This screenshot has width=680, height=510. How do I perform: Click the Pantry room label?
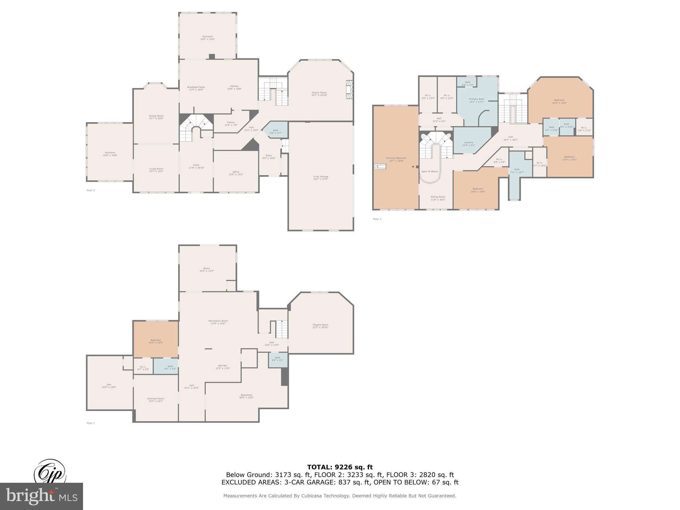click(x=231, y=124)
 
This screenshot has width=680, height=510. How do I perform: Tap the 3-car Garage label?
click(x=320, y=178)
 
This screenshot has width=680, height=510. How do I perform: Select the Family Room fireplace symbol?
click(x=349, y=89)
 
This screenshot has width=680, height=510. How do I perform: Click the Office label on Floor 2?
click(x=236, y=173)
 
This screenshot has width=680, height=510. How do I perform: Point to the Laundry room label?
click(x=468, y=143)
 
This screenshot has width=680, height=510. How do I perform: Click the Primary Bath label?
click(x=476, y=100)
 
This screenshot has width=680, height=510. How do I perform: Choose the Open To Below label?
click(x=430, y=171)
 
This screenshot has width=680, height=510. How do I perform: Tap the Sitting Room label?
click(x=438, y=198)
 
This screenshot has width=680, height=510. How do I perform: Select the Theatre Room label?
click(x=320, y=326)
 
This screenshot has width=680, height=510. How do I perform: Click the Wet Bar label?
click(x=222, y=367)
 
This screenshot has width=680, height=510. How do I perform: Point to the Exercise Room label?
click(x=156, y=399)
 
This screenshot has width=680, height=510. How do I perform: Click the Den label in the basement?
click(x=109, y=385)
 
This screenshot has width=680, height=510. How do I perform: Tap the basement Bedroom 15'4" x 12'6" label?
click(x=156, y=341)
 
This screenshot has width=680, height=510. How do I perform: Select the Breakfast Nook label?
click(x=196, y=88)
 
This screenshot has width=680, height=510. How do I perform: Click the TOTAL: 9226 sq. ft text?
click(x=340, y=467)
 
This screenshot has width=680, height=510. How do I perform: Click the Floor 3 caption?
click(x=377, y=219)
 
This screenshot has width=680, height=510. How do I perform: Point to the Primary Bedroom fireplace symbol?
click(x=380, y=167)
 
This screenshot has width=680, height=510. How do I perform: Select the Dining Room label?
click(x=156, y=117)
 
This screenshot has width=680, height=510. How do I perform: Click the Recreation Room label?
click(x=218, y=322)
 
